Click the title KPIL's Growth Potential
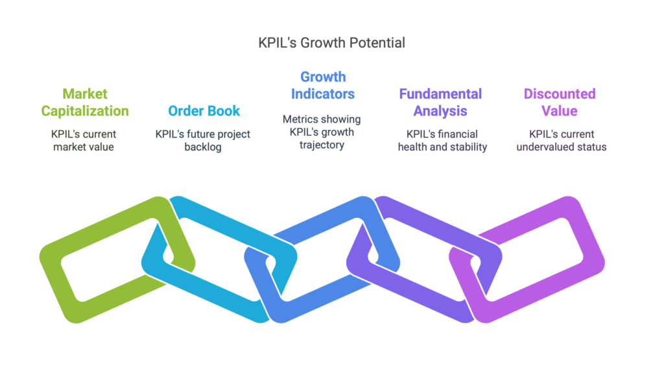coord(331,43)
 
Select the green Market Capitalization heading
coord(85,102)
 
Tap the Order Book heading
coord(204,110)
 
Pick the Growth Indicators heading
coord(323,85)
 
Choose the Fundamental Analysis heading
coord(440,102)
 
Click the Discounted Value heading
coord(560,102)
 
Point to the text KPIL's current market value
coord(84,140)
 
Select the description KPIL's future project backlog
coord(203,140)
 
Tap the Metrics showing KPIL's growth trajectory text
coord(322,132)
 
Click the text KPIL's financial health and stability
coord(442,140)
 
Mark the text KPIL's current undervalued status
coord(562,140)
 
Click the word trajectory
coord(322,145)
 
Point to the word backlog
coord(203,147)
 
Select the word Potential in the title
coord(377,43)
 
